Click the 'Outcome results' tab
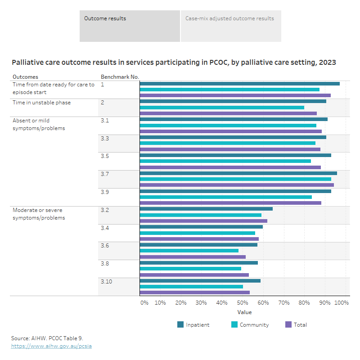coord(130,26)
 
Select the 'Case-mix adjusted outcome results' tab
coord(231,26)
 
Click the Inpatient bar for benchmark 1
coord(239,84)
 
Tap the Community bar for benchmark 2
coord(222,108)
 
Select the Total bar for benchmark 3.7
coord(237,185)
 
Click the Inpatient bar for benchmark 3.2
coord(206,209)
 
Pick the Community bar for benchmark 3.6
coord(189,251)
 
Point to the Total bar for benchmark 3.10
coord(194,292)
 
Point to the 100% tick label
coord(342,303)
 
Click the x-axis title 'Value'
coord(244,312)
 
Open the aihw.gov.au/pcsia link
coord(51,346)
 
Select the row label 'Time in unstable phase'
coord(41,103)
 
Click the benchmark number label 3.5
coord(105,156)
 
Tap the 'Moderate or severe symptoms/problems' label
coord(39,214)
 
